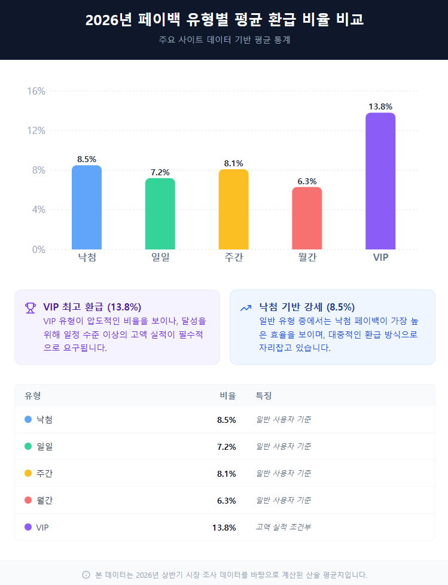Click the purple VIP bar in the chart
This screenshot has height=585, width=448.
(380, 181)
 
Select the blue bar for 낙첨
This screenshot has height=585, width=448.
(87, 207)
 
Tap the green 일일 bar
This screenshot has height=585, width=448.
(160, 214)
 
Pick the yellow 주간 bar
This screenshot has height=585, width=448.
(233, 209)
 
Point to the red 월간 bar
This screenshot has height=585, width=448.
(307, 218)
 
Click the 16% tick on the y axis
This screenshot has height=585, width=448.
(36, 91)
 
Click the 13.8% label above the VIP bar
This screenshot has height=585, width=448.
(380, 106)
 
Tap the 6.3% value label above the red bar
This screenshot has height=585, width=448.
(307, 181)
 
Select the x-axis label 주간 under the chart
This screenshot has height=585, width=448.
(233, 257)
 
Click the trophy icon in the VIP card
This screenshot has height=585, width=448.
(30, 307)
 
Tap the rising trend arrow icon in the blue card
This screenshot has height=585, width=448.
(245, 307)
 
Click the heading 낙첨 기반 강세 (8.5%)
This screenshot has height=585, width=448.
(307, 307)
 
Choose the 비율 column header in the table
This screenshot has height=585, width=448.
(227, 395)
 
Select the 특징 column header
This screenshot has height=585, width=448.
(264, 395)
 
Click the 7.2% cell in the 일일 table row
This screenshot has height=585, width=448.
(226, 446)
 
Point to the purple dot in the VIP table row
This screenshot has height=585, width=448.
(28, 527)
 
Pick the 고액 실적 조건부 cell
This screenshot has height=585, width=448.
(283, 527)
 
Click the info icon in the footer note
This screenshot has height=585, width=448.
(86, 575)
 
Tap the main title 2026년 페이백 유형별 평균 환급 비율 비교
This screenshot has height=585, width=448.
(224, 20)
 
